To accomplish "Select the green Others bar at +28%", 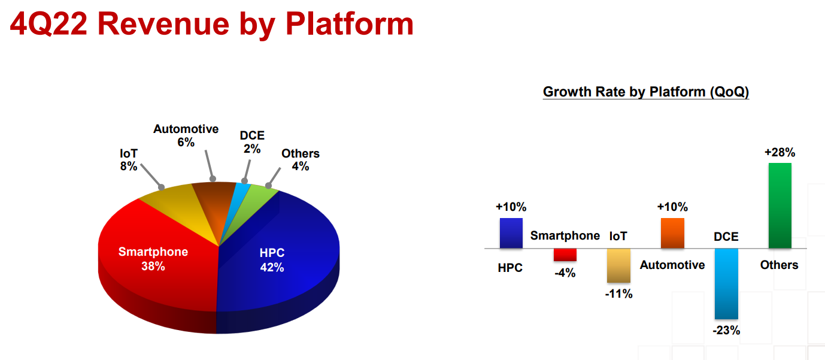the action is tap(779, 205).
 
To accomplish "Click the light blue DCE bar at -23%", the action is tap(726, 284).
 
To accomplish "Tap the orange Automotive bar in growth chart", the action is tap(672, 233).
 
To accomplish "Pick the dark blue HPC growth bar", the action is tap(511, 233).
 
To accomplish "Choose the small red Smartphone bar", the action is tap(565, 255).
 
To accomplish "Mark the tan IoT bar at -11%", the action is tap(619, 266).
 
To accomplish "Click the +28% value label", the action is tap(779, 152).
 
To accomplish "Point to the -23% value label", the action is tap(726, 330).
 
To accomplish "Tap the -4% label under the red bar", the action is tap(565, 273).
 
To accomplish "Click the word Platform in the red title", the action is tap(350, 25).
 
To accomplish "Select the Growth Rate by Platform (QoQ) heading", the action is tap(646, 92).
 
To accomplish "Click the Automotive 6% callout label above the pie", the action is tap(186, 135).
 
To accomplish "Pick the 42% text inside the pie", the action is tap(272, 267).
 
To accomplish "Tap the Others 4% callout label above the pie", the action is tap(301, 159).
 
